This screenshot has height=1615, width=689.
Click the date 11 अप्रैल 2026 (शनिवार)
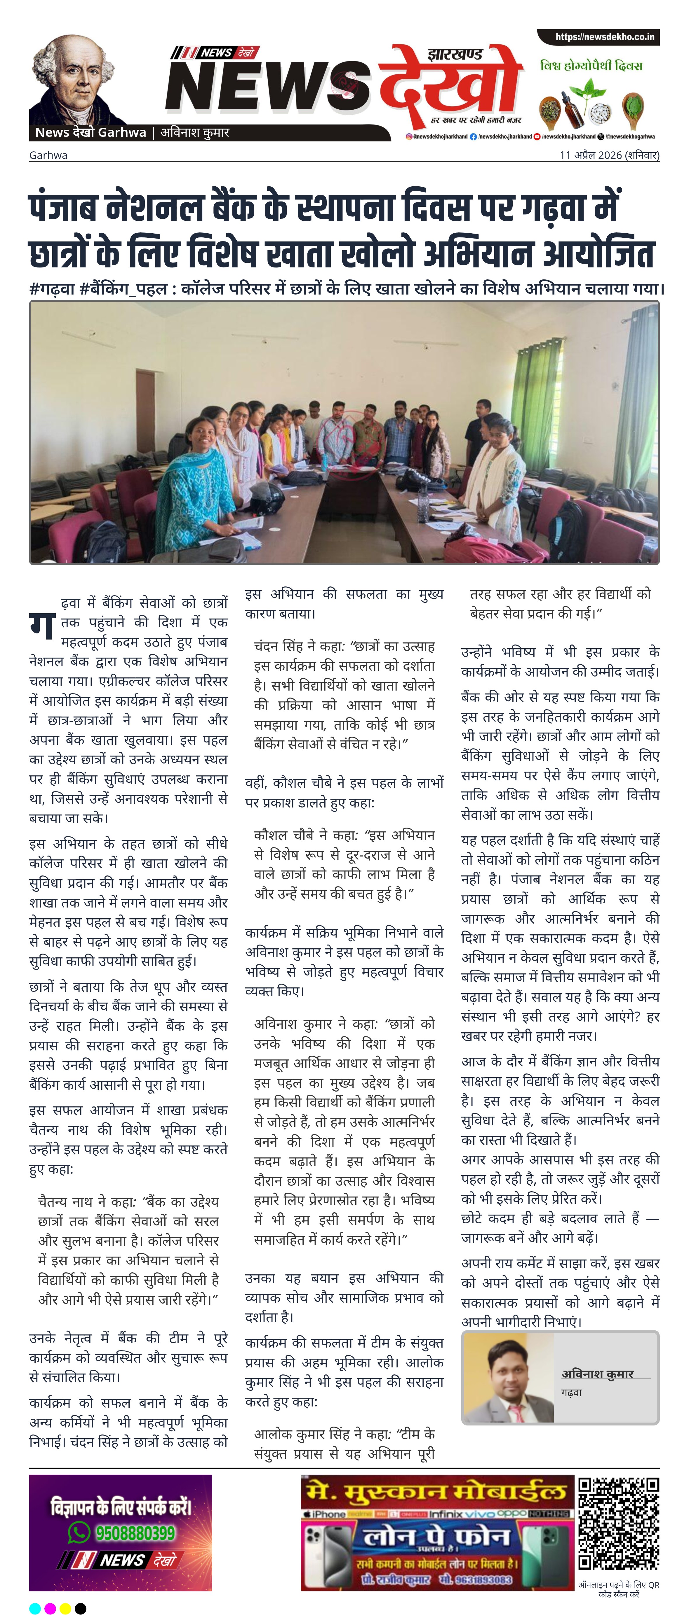click(x=609, y=155)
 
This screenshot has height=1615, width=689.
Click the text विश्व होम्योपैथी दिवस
click(x=591, y=65)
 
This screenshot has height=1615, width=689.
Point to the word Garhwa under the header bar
click(x=48, y=155)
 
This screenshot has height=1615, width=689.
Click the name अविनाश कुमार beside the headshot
click(x=597, y=1373)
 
